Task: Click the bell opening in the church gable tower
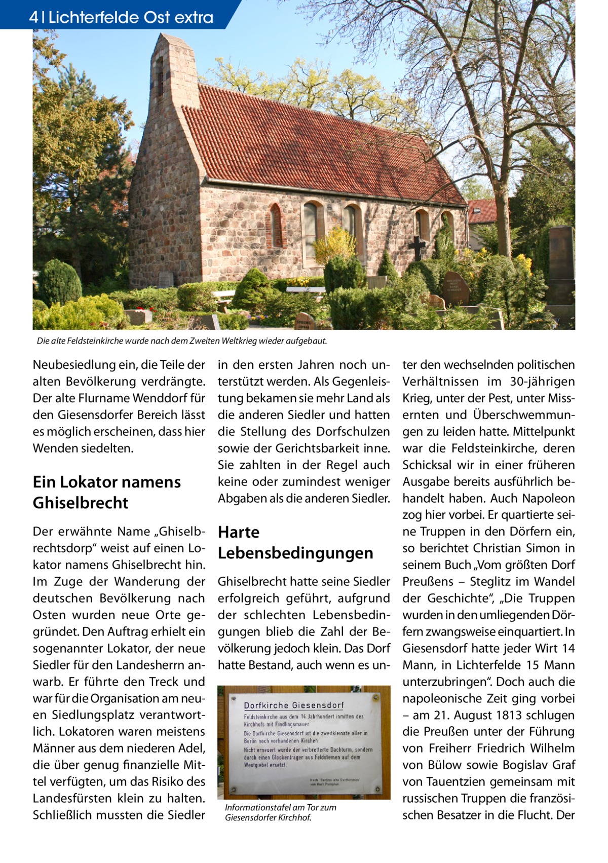tap(160, 76)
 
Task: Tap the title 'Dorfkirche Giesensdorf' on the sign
tap(294, 705)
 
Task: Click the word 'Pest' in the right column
tap(502, 398)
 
